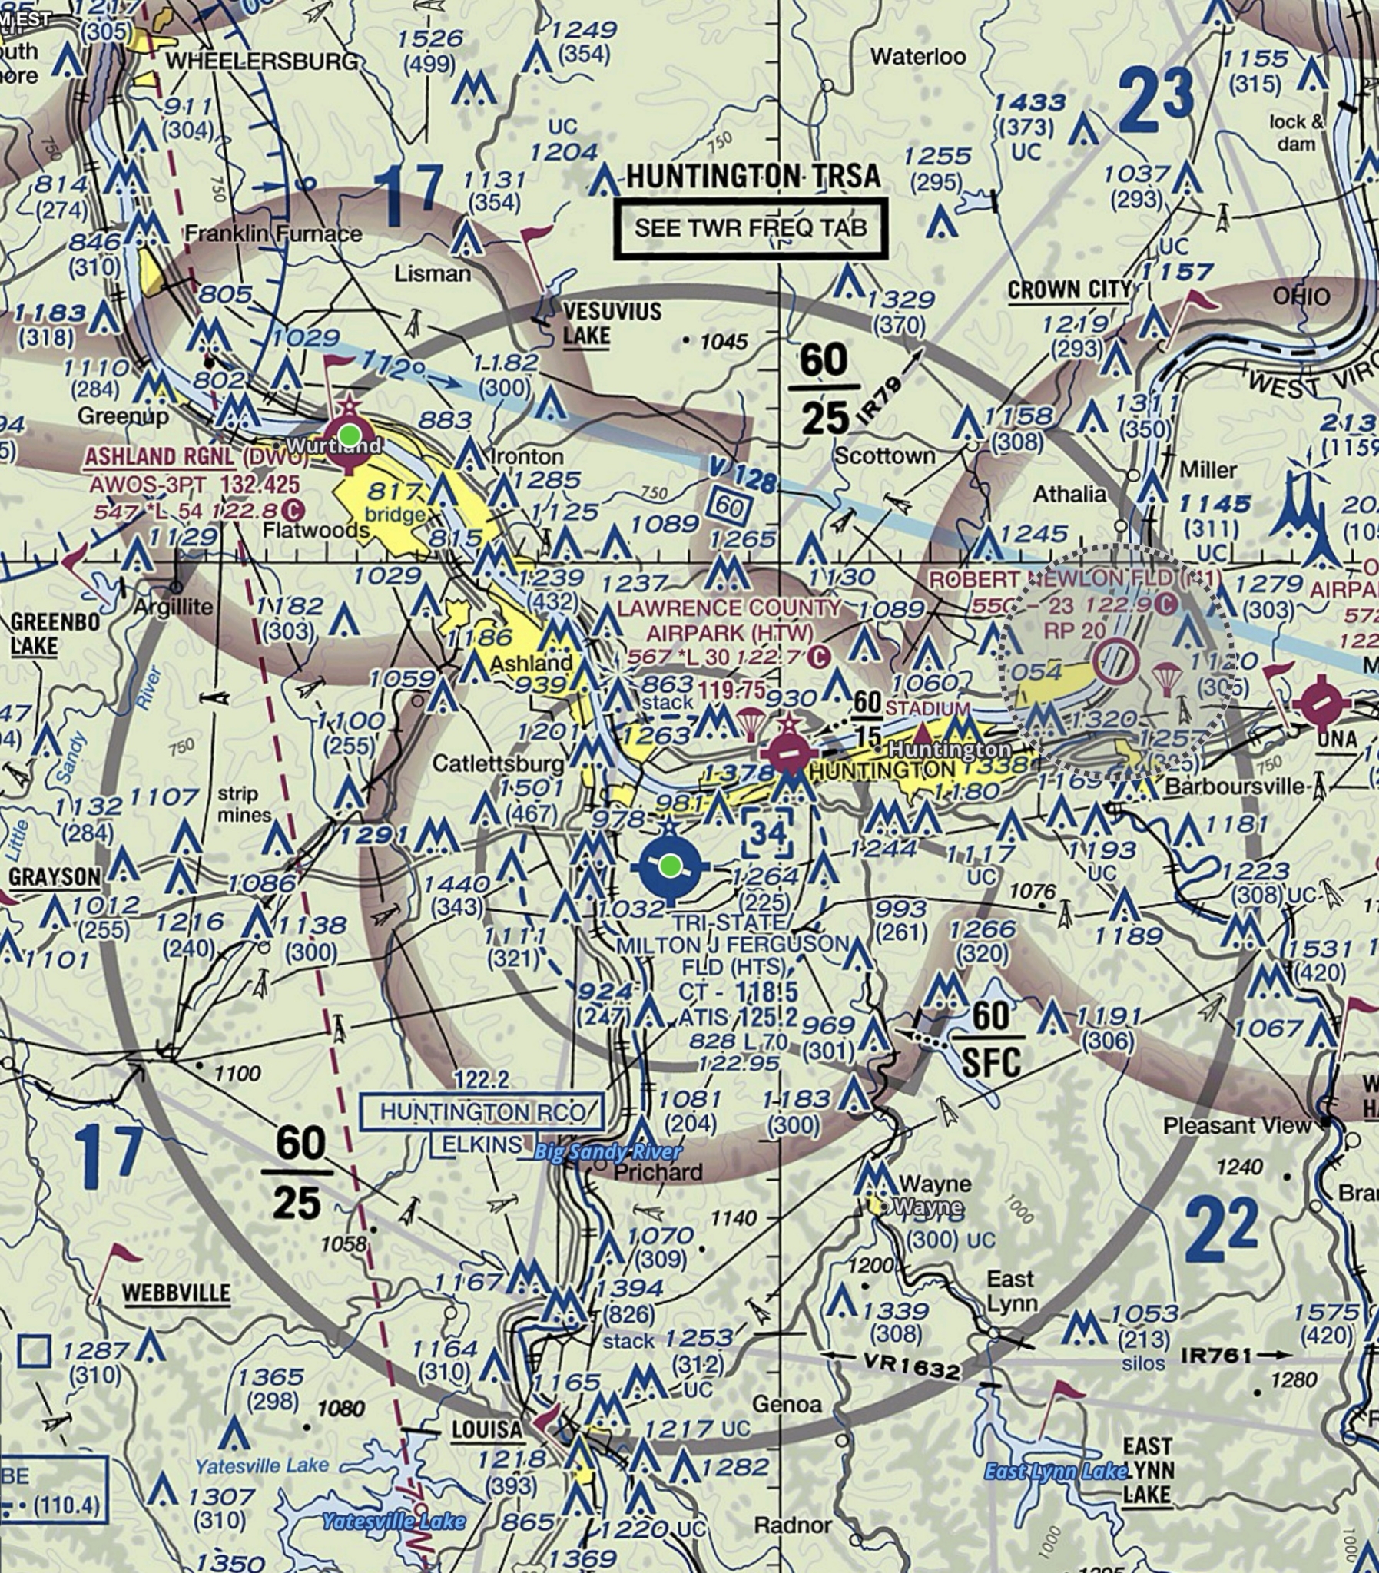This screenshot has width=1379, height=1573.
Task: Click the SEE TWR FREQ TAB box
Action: (x=751, y=228)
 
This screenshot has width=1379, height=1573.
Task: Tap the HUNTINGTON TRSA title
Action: (x=753, y=176)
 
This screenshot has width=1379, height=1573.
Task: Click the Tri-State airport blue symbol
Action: (x=669, y=866)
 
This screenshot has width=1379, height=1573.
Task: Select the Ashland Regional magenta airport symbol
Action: (x=350, y=436)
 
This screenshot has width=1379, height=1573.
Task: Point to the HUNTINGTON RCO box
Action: (x=481, y=1111)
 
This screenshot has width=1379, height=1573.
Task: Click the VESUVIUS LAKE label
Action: (x=611, y=324)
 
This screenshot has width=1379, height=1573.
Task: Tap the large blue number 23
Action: (x=1156, y=101)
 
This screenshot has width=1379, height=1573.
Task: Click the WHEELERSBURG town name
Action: (x=262, y=61)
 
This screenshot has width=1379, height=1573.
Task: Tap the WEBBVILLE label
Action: (x=176, y=1293)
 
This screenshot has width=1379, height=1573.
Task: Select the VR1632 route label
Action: (x=910, y=1365)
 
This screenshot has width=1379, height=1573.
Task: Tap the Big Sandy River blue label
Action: (x=607, y=1151)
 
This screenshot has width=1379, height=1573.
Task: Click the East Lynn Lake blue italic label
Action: (x=1055, y=1472)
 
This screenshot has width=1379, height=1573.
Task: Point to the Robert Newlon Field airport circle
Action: (x=1115, y=661)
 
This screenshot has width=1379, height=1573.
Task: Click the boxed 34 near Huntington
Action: (x=767, y=833)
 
